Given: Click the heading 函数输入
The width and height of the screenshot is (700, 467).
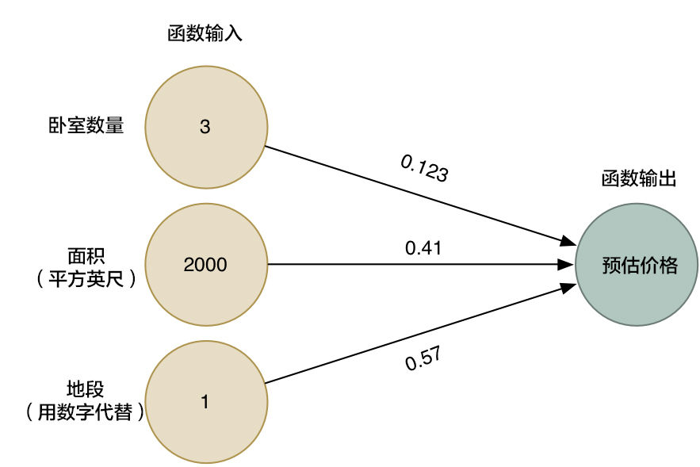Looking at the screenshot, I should tap(205, 33).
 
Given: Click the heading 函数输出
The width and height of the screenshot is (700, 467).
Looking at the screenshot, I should tap(638, 179).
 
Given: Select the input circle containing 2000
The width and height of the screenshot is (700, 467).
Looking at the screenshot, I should tap(205, 265).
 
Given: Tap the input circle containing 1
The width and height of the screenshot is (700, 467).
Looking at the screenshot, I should tap(205, 402).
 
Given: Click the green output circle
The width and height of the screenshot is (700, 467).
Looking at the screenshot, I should tap(638, 265).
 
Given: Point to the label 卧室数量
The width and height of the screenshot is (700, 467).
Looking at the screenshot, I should tap(86, 125).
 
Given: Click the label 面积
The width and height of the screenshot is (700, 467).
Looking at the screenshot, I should tap(86, 256).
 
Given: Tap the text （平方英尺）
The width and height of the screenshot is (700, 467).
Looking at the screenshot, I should tap(86, 278).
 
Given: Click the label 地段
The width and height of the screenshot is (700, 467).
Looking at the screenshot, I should tap(86, 389).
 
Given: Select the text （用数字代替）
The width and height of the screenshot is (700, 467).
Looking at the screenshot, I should tap(86, 412).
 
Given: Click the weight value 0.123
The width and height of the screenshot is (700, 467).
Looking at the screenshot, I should tap(425, 168).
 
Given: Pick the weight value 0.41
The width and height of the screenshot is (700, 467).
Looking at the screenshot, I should tap(423, 248).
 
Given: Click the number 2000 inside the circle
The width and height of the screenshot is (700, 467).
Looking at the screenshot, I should tap(205, 265).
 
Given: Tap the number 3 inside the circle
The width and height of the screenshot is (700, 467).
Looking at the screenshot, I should tap(205, 127).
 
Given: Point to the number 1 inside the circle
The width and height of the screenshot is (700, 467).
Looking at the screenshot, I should tap(205, 402).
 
